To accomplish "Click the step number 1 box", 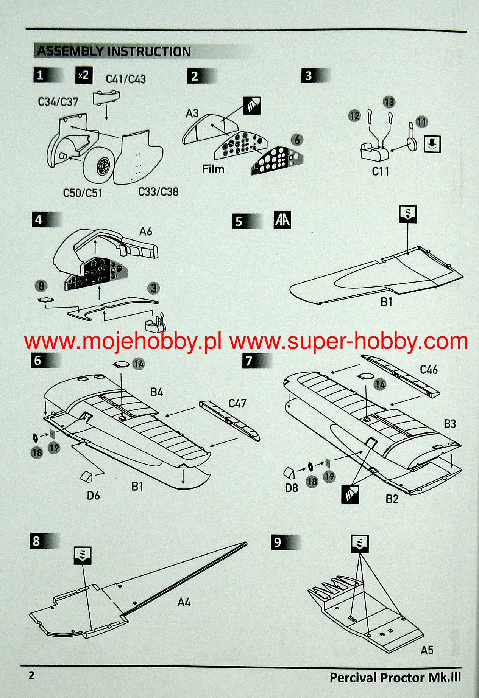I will [x=40, y=75].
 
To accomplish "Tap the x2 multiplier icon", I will [x=83, y=75].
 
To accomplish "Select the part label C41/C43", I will [x=126, y=79].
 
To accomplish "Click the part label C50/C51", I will [x=83, y=193].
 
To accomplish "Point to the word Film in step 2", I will [x=213, y=169].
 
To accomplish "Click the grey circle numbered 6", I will [x=297, y=140].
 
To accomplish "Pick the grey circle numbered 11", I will [x=421, y=122].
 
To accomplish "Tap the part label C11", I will [x=380, y=171].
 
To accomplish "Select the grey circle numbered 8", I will [x=41, y=286].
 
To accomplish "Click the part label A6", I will [x=146, y=231].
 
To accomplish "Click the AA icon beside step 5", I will [x=282, y=220].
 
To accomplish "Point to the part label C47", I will [x=237, y=404].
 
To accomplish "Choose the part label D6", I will [x=93, y=495].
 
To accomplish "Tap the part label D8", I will [x=291, y=488].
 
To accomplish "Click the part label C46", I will [x=429, y=370].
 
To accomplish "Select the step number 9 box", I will [x=278, y=542].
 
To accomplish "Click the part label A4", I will [x=184, y=602].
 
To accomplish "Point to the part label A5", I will [x=427, y=650].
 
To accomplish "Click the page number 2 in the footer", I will [x=32, y=675].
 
